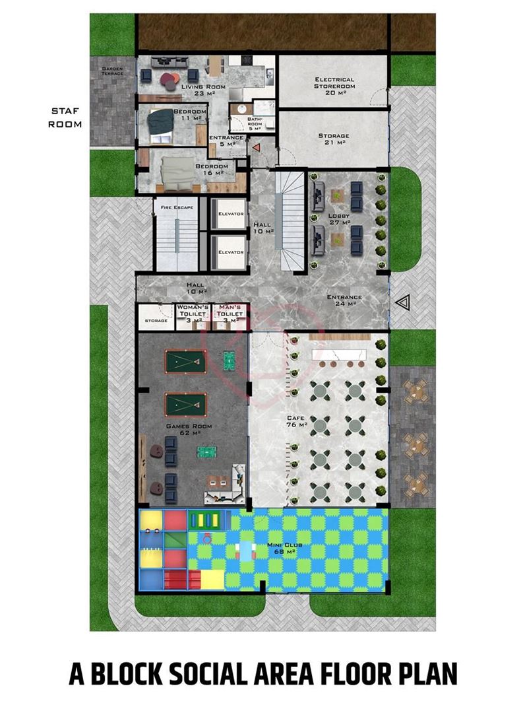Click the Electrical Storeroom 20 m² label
(334, 83)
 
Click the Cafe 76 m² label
(296, 421)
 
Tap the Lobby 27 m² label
(339, 219)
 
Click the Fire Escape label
(177, 207)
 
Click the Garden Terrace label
(113, 72)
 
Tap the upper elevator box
(231, 214)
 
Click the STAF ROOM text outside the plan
(66, 118)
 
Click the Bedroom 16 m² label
(212, 169)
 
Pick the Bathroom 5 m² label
(255, 125)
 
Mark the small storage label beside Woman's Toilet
(156, 322)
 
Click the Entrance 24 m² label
(344, 300)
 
